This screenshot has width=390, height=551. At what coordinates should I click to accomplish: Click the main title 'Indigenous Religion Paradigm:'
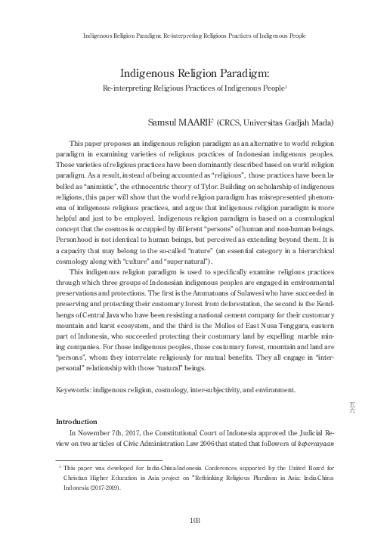tap(195, 73)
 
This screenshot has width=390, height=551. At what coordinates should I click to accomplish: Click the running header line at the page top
tap(194, 36)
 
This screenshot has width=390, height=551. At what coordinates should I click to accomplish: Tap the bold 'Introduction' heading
tap(77, 420)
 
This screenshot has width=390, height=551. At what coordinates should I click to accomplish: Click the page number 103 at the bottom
tap(195, 520)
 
